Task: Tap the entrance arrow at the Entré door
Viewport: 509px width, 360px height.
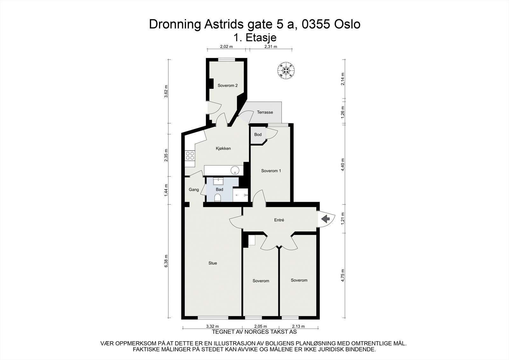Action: [325, 219]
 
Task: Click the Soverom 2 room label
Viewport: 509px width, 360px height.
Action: [227, 86]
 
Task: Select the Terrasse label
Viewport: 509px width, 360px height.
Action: [265, 112]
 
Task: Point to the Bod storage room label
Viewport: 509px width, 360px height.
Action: [258, 135]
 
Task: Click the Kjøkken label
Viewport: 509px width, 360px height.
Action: [223, 148]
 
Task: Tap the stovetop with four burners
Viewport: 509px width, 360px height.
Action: [190, 156]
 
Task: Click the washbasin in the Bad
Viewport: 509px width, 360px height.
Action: [218, 181]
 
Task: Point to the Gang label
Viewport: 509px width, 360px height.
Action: [194, 190]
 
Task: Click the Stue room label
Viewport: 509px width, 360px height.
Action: [213, 263]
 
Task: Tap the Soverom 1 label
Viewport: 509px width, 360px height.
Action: [271, 171]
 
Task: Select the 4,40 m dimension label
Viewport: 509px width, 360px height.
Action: [343, 165]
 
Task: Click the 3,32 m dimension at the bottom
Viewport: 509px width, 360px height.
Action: [212, 326]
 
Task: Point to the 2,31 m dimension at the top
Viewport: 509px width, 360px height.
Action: [270, 46]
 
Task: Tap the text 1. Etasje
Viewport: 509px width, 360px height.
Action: [255, 38]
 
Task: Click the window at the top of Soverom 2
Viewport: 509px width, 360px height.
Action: [227, 59]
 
